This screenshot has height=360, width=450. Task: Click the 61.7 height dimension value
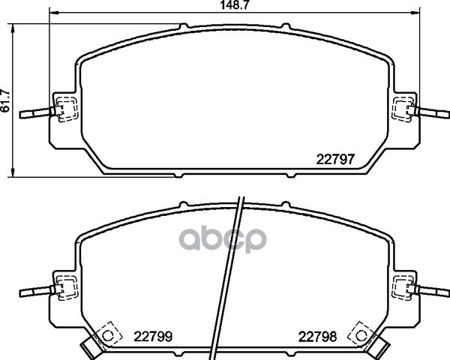tap(5, 100)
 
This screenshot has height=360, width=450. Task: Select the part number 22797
tap(335, 159)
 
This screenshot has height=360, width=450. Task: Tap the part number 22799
tap(153, 337)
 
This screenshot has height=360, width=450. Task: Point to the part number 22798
tap(317, 337)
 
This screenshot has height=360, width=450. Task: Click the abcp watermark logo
tap(223, 240)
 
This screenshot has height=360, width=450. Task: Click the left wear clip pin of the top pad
tap(37, 112)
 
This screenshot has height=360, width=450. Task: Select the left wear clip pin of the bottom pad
tap(37, 291)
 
